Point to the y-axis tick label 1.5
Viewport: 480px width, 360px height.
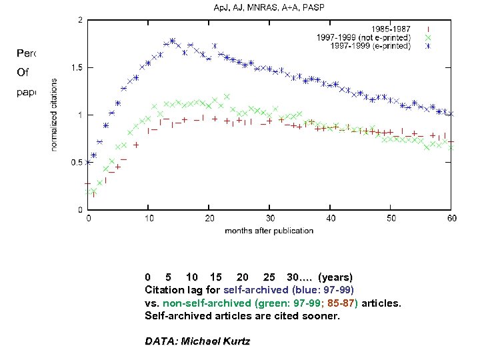tap(77, 67)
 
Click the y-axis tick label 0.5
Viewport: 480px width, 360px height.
tap(77, 162)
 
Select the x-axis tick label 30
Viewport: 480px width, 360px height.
tap(270, 218)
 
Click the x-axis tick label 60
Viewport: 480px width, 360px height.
tap(451, 218)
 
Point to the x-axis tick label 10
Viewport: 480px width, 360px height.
tap(149, 218)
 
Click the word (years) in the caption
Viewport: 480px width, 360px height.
tap(335, 277)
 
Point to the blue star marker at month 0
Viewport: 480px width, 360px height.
tap(89, 162)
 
